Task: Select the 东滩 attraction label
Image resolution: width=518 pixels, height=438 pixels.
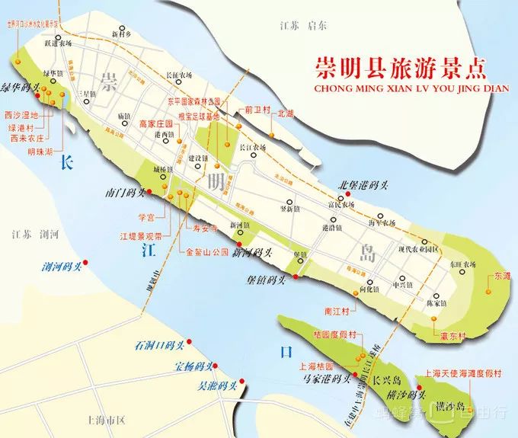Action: click(502, 276)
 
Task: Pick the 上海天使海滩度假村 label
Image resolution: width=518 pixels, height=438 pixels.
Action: click(464, 373)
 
